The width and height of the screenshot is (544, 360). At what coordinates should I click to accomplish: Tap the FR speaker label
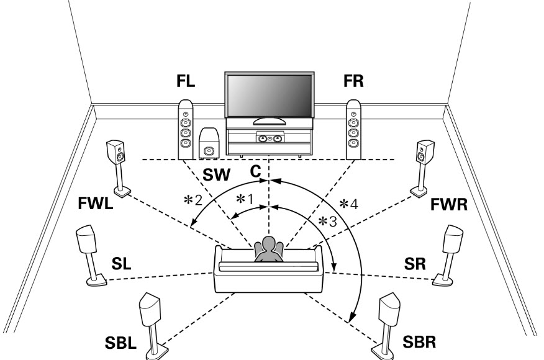pyautogui.click(x=355, y=83)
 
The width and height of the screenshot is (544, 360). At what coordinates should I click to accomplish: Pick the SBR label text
pyautogui.click(x=416, y=342)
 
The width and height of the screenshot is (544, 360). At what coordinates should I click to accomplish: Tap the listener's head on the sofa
pyautogui.click(x=269, y=243)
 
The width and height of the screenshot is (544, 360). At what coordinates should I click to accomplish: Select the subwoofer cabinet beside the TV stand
pyautogui.click(x=209, y=144)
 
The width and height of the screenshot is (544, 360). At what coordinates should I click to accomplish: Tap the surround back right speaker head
pyautogui.click(x=388, y=307)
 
